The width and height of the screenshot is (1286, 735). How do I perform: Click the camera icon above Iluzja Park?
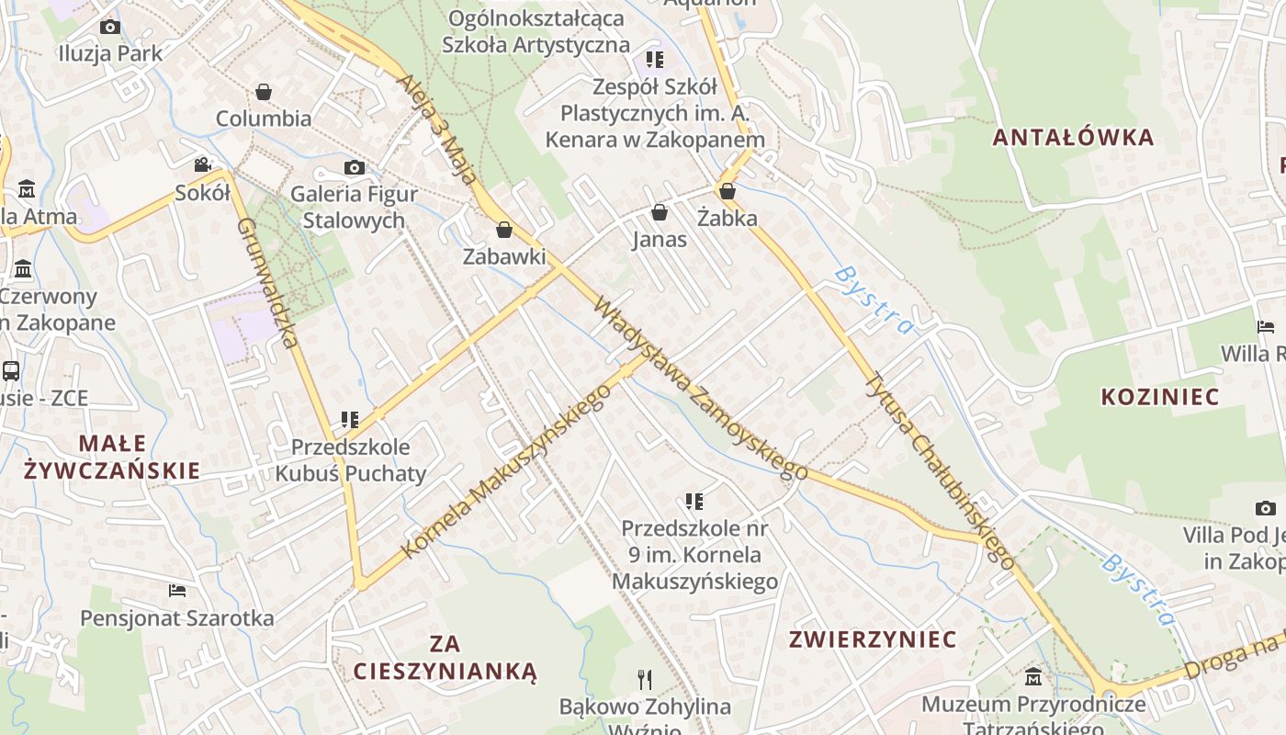(110, 28)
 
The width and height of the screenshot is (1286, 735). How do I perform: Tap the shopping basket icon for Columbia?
(264, 92)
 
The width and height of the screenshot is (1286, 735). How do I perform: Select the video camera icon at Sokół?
(203, 165)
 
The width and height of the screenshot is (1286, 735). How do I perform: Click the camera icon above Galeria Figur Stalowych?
(355, 167)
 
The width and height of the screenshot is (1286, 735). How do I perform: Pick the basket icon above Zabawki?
(503, 230)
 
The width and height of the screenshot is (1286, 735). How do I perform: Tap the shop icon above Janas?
(660, 213)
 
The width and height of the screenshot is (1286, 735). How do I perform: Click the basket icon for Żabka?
(728, 191)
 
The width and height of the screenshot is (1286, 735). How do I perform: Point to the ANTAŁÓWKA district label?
(1073, 138)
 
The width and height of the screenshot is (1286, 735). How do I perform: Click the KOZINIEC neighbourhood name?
(1160, 397)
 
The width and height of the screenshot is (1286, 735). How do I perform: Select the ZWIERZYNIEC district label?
(874, 639)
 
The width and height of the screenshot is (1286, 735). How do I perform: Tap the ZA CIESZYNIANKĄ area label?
(445, 657)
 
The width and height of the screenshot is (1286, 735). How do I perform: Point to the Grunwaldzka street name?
(268, 282)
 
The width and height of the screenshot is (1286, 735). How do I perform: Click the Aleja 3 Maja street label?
(437, 129)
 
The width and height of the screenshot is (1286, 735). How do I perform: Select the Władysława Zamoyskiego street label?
(701, 388)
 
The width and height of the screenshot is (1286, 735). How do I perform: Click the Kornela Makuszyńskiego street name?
(507, 470)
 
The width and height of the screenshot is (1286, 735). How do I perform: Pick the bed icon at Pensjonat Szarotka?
(177, 590)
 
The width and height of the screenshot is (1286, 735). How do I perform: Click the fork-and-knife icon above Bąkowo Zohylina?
(645, 680)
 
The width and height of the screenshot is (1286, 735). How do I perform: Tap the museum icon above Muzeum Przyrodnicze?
(1033, 677)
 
